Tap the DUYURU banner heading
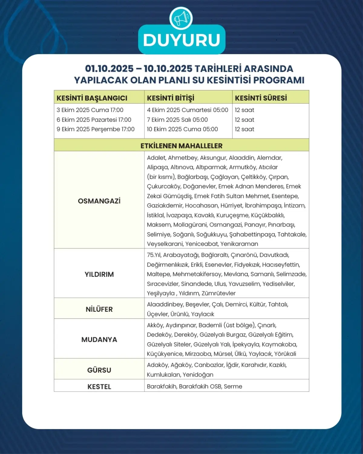pyautogui.click(x=181, y=40)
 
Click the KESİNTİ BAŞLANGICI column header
pyautogui.click(x=92, y=98)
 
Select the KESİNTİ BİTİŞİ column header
pyautogui.click(x=171, y=98)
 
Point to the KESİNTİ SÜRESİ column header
pyautogui.click(x=261, y=98)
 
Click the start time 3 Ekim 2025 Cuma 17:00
pyautogui.click(x=90, y=110)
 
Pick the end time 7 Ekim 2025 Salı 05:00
pyautogui.click(x=177, y=120)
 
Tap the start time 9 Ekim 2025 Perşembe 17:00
pyautogui.click(x=96, y=129)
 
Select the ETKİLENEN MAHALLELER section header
pyautogui.click(x=181, y=146)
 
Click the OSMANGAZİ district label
pyautogui.click(x=99, y=201)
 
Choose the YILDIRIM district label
pyautogui.click(x=99, y=274)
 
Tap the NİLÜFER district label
pyautogui.click(x=99, y=309)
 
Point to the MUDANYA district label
pyautogui.click(x=99, y=340)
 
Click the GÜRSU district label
pyautogui.click(x=99, y=370)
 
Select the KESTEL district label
pyautogui.click(x=99, y=387)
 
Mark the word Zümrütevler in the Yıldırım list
pyautogui.click(x=218, y=293)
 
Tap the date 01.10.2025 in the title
pyautogui.click(x=109, y=68)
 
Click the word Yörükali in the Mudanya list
pyautogui.click(x=285, y=354)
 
